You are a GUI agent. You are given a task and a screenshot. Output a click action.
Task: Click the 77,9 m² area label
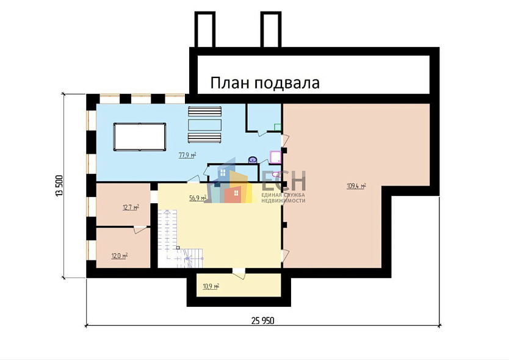[187, 155]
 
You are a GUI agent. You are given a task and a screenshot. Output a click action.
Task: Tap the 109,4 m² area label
[356, 186]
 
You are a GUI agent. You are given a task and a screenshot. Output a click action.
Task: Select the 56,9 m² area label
[198, 198]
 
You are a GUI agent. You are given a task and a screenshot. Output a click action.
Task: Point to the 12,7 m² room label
[131, 207]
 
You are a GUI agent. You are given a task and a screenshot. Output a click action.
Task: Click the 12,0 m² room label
[120, 256]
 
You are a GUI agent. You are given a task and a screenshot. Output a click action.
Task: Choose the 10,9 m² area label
[211, 286]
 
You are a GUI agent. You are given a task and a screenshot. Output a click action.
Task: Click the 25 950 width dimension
[262, 321]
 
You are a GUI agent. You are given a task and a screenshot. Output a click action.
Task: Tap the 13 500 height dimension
[59, 185]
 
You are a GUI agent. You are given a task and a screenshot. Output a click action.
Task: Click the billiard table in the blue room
[140, 137]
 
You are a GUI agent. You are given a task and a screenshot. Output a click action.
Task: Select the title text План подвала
[265, 83]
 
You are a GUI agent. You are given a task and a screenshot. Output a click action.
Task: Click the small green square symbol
[278, 127]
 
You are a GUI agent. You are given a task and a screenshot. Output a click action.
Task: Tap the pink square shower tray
[276, 157]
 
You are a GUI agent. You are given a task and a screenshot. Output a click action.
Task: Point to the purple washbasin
[253, 160]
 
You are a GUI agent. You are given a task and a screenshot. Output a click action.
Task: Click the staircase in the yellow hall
[179, 239]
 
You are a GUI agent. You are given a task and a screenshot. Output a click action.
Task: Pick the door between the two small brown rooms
[140, 229]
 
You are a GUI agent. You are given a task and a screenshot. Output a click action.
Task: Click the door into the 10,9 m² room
[239, 273]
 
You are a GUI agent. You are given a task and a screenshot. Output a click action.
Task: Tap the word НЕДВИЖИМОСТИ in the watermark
[283, 201]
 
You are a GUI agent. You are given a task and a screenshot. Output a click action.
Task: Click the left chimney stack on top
[205, 29]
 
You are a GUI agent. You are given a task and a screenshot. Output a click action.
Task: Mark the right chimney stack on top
[271, 29]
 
